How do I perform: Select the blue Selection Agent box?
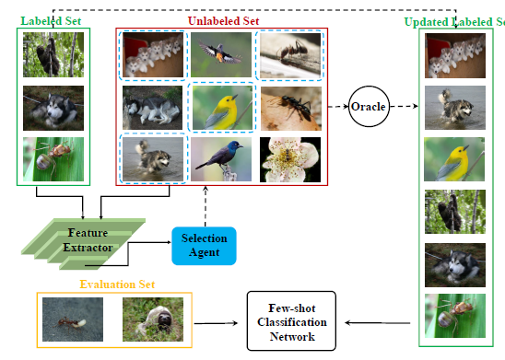click(204, 245)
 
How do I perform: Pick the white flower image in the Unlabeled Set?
click(289, 158)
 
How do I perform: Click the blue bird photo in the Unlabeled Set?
click(221, 158)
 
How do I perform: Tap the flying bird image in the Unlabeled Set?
click(221, 54)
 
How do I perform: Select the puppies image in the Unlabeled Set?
click(153, 54)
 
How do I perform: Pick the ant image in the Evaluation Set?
click(72, 320)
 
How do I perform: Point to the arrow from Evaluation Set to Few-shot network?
click(221, 322)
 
